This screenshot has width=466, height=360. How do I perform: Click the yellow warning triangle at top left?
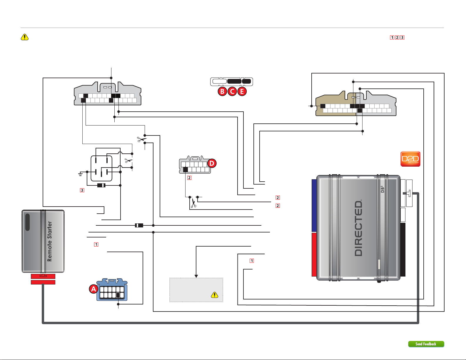(x=25, y=37)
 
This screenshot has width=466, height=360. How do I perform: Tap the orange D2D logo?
(x=410, y=159)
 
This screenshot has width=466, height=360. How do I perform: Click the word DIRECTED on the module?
(x=358, y=228)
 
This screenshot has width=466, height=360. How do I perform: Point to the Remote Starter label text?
(x=50, y=241)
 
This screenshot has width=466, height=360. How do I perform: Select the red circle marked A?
(x=93, y=289)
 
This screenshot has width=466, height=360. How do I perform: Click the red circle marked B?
(x=222, y=91)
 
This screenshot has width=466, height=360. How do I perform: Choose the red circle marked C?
(x=232, y=91)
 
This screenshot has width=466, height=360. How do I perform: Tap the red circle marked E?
(x=242, y=91)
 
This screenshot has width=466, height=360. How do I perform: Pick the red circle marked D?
(x=212, y=163)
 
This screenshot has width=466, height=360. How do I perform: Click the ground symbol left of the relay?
(x=80, y=175)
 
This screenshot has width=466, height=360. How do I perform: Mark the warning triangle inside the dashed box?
(x=215, y=295)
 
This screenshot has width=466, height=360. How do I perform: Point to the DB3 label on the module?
(x=383, y=189)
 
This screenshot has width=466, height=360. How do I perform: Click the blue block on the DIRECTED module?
(x=314, y=205)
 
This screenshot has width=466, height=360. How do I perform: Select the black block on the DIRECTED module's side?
(x=403, y=250)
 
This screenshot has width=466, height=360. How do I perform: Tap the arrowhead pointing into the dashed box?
(x=196, y=276)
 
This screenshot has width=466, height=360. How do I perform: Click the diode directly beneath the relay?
(x=101, y=185)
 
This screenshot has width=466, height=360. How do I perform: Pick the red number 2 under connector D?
(x=189, y=178)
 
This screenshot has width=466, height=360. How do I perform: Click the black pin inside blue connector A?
(x=118, y=295)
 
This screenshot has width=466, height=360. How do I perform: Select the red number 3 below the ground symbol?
(x=82, y=190)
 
